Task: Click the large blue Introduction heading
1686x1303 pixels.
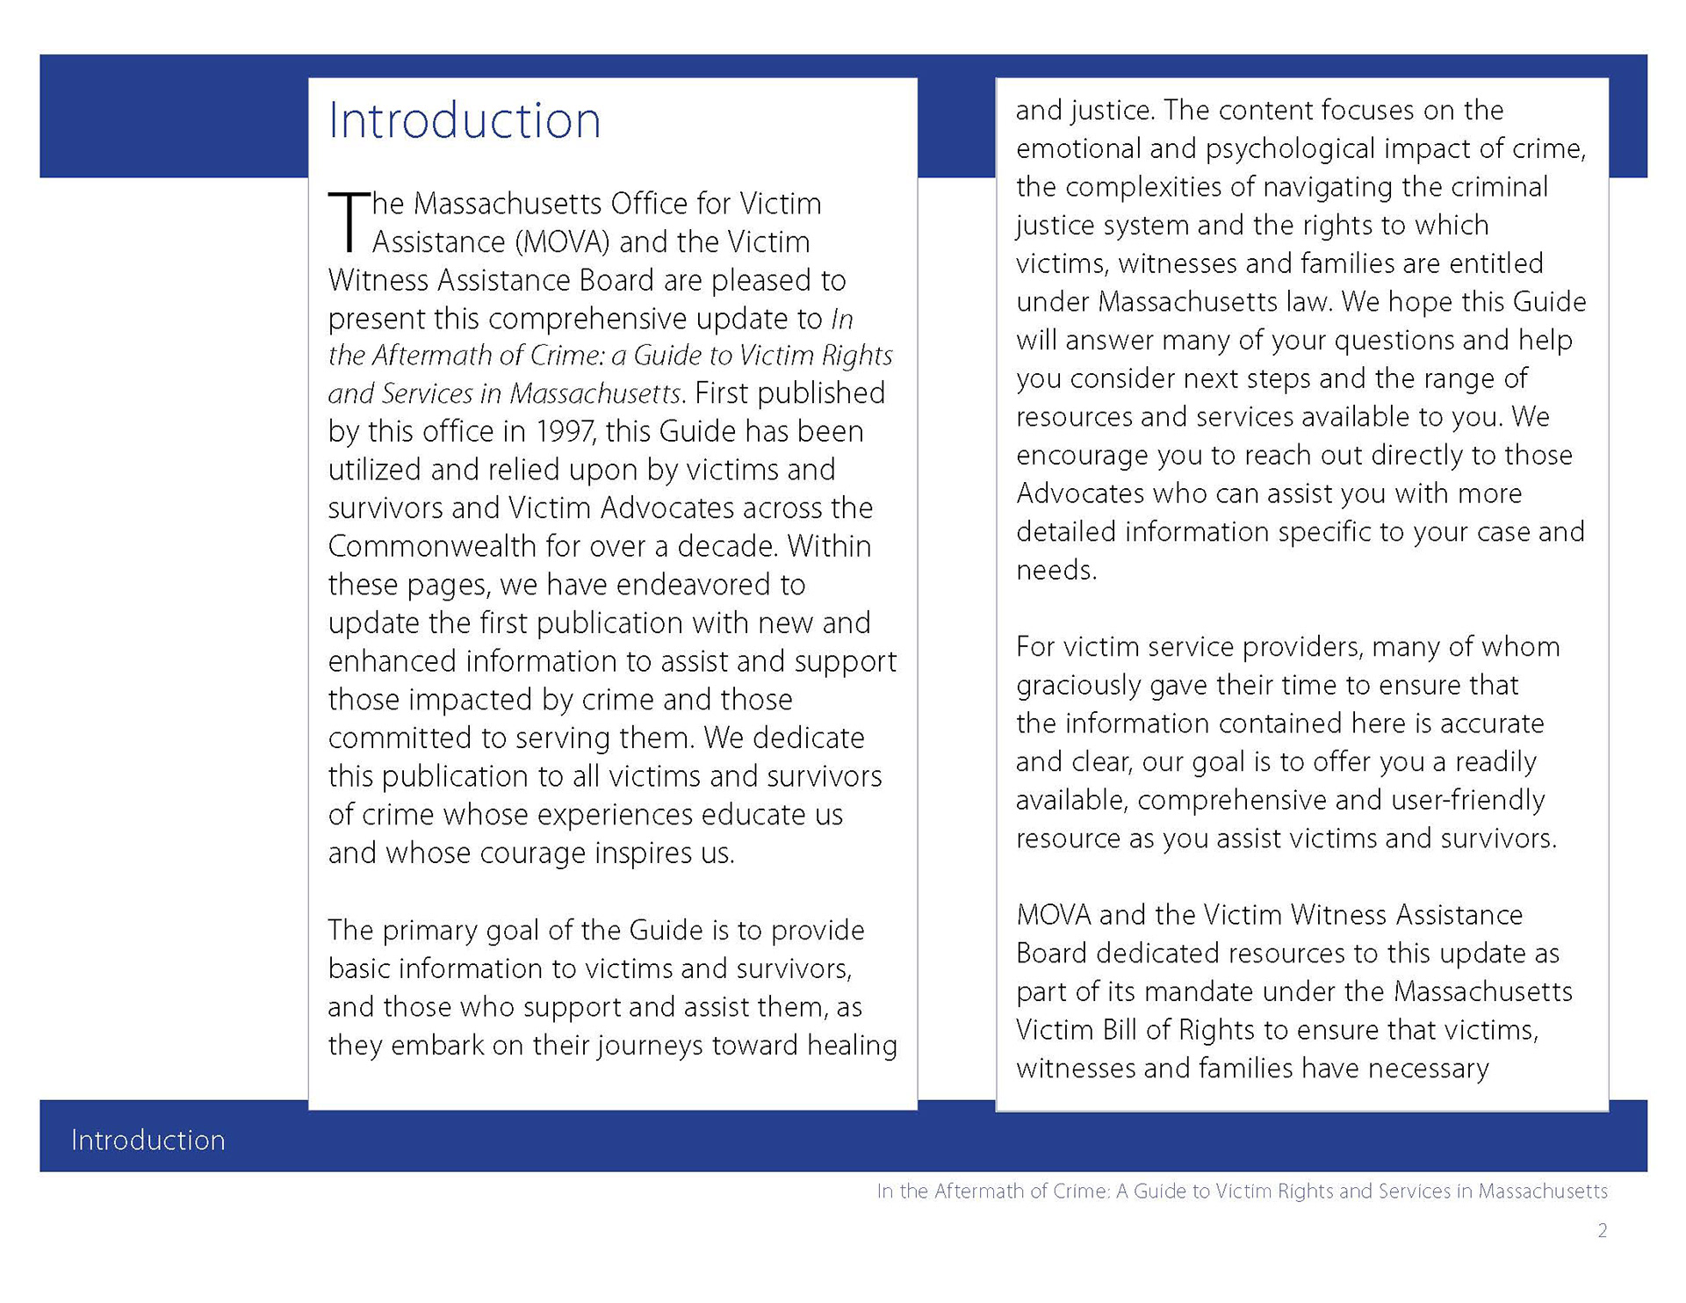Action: [465, 120]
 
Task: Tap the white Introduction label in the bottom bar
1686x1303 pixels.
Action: [148, 1140]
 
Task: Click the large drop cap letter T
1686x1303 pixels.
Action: [348, 220]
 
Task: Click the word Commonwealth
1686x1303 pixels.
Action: [432, 546]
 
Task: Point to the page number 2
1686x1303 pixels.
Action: [1602, 1231]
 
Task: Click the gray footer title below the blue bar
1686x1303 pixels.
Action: [1242, 1191]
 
